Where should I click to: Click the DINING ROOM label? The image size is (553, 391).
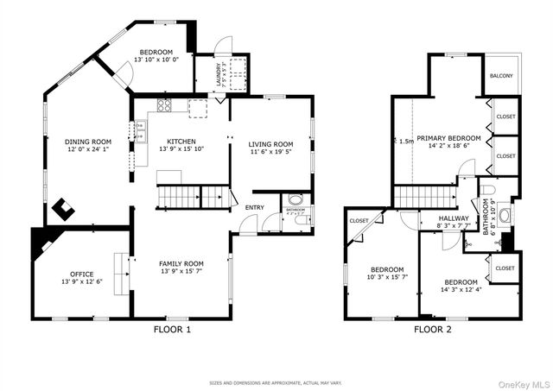(89, 142)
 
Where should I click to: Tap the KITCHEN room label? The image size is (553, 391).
(181, 142)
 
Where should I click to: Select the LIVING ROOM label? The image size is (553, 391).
(270, 144)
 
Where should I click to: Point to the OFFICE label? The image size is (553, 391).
(82, 274)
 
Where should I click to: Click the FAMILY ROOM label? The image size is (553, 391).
(181, 263)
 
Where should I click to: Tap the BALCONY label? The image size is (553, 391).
(501, 76)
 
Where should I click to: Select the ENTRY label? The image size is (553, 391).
(255, 207)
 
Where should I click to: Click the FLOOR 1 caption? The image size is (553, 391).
(172, 330)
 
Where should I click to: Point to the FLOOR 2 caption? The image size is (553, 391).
(432, 330)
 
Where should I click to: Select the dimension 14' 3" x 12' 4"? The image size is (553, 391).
(461, 290)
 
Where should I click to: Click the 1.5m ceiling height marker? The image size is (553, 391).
(405, 141)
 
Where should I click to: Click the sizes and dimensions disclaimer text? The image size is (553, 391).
(275, 382)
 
